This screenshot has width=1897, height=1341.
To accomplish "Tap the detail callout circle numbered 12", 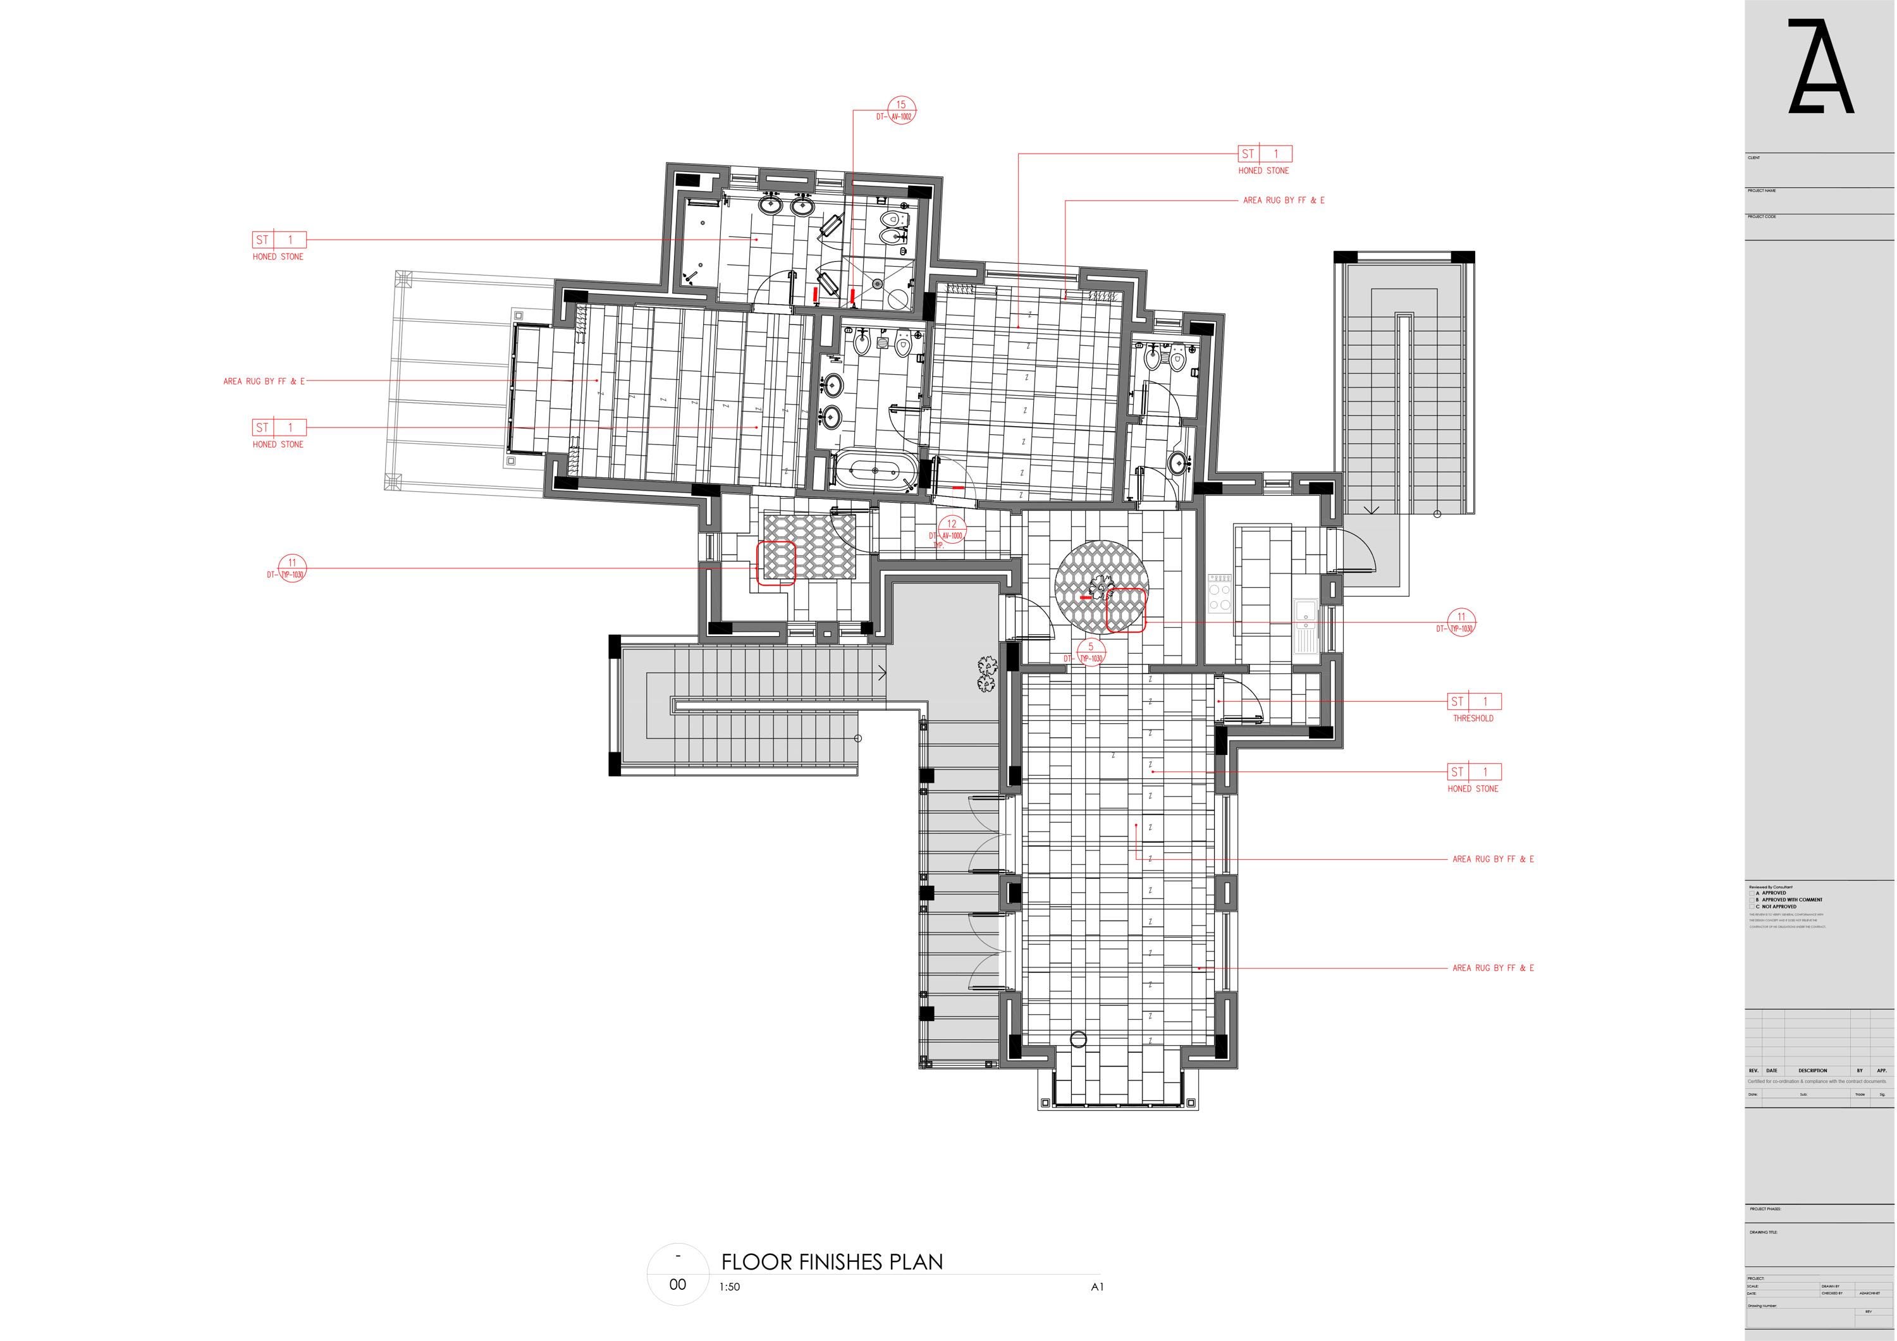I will click(x=952, y=525).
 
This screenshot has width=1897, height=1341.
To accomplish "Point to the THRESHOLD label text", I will click(x=1473, y=719).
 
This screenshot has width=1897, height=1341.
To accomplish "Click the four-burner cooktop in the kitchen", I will click(x=1220, y=593).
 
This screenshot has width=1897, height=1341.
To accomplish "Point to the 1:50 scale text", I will click(x=730, y=1287).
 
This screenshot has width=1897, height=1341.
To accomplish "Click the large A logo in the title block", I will click(x=1820, y=68).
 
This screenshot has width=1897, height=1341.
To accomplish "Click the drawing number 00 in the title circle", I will click(x=677, y=1285).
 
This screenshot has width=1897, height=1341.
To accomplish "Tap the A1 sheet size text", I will click(x=1097, y=1287).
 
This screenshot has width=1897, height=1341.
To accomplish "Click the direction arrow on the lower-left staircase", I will click(x=881, y=673).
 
